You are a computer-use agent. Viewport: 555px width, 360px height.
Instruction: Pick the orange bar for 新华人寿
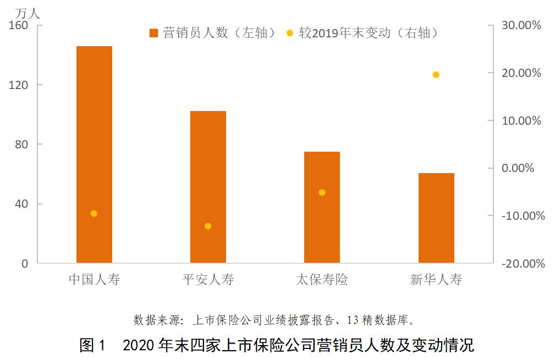pos(436,220)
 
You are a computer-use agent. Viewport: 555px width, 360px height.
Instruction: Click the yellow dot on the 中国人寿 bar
pos(94,213)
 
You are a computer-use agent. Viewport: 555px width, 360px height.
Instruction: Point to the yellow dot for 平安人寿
pos(208,226)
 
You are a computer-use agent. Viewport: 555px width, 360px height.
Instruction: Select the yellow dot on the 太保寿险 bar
pos(322,192)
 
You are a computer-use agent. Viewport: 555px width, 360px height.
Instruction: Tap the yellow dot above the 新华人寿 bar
pos(436,75)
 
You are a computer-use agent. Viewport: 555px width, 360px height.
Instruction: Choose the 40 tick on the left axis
pos(21,204)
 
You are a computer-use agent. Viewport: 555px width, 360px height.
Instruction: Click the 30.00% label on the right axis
pos(521,25)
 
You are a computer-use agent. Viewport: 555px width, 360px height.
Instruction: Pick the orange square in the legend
pos(153,33)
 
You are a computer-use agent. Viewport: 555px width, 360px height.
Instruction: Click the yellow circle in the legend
pos(290,33)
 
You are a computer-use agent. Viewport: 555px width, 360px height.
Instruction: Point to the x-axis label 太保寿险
pos(322,279)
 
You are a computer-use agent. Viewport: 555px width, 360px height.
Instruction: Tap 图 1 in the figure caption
pos(91,346)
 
